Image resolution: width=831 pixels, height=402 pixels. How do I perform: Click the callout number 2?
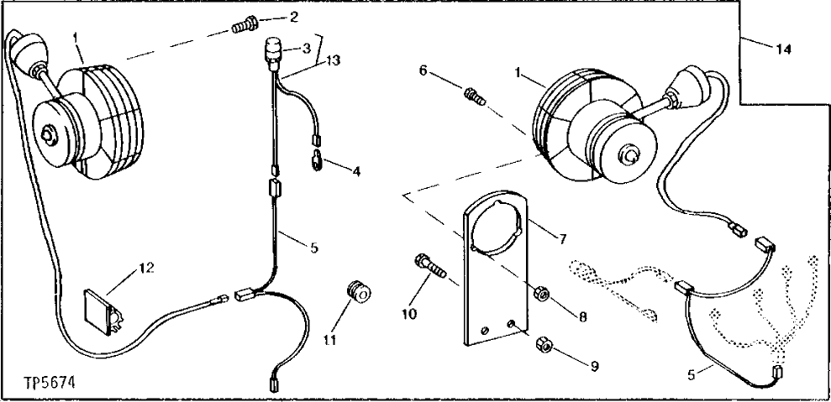[x=293, y=18]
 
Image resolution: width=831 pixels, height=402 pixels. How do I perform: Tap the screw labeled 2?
[x=242, y=29]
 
